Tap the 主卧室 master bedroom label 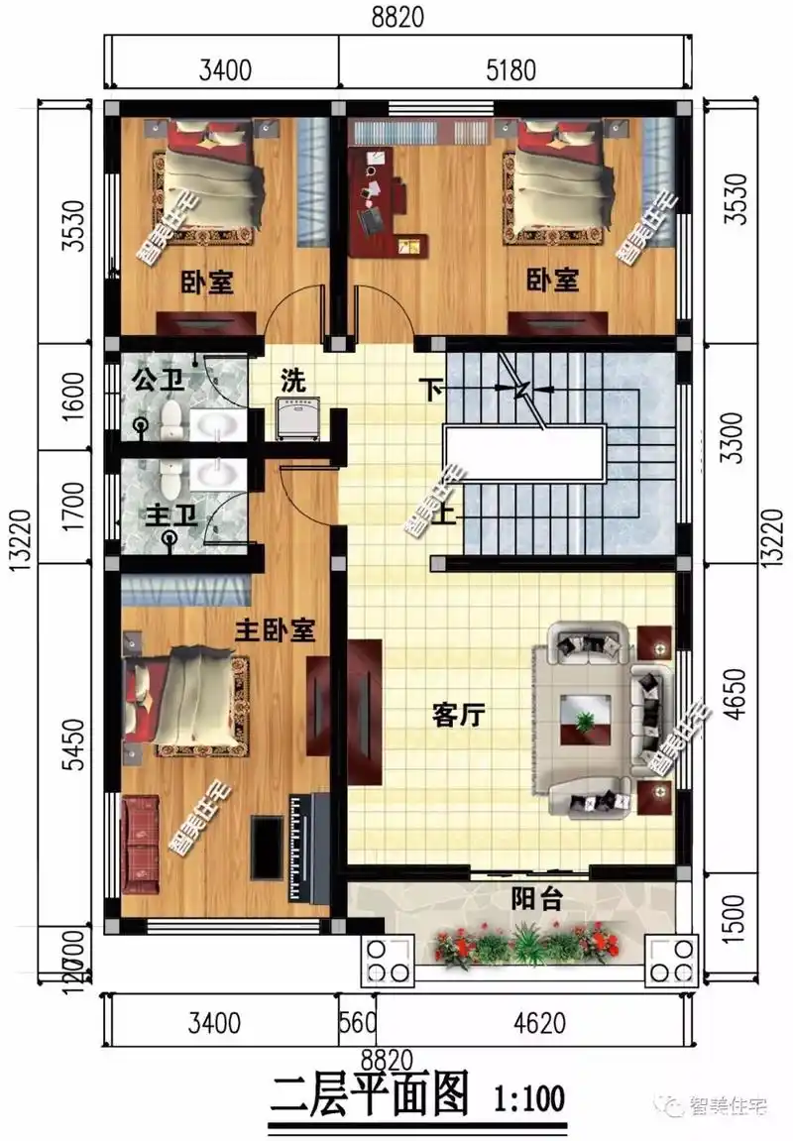tap(275, 629)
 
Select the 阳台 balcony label tap(536, 899)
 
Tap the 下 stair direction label tap(433, 389)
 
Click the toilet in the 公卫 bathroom tap(172, 418)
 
